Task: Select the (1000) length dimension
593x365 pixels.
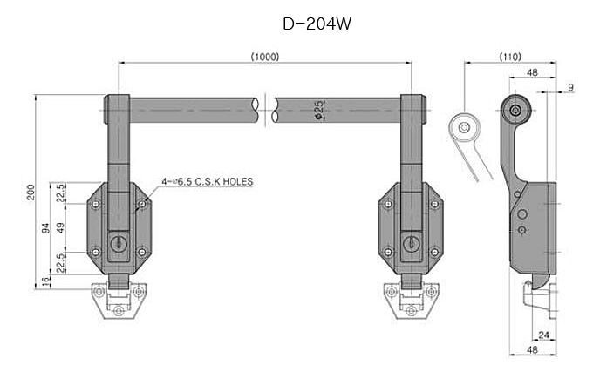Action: coord(264,57)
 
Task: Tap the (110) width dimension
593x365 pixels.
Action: coord(510,57)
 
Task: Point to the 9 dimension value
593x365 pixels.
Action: coord(569,87)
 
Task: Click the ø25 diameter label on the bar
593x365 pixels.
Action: coord(320,112)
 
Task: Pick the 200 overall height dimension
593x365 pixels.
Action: coord(30,193)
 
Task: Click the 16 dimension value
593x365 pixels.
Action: coord(46,280)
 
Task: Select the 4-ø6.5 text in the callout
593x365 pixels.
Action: coord(177,182)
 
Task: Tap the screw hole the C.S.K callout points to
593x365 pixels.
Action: coord(140,206)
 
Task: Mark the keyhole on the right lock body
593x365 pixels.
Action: coord(410,244)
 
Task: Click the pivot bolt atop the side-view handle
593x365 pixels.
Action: coord(518,110)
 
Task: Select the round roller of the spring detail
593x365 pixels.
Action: coord(466,128)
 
